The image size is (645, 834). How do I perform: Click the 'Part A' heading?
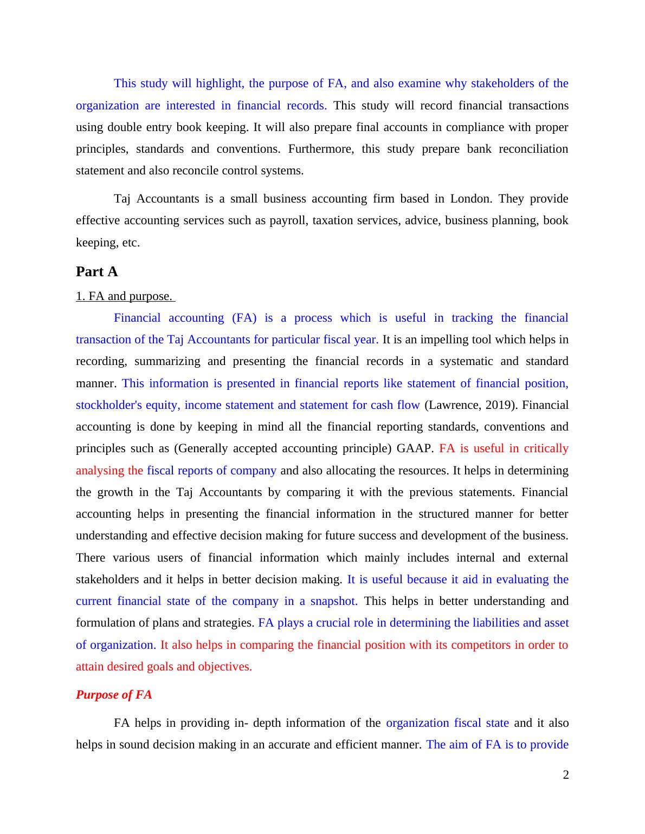tap(96, 272)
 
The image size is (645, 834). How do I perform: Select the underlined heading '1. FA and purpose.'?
tap(124, 296)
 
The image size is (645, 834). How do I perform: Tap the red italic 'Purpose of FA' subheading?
tap(114, 695)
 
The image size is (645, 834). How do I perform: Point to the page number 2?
tap(566, 775)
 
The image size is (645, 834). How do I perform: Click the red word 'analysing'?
tap(100, 471)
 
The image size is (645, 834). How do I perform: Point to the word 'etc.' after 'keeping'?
tap(131, 243)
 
